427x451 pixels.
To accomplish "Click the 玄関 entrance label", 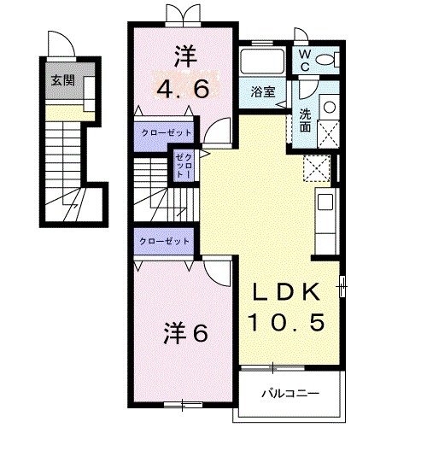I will click(61, 80).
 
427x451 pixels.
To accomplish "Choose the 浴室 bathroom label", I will click(262, 91).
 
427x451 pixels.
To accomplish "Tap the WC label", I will click(303, 61).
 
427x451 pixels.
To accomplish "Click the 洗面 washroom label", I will click(305, 120).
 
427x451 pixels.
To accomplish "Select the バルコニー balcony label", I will click(290, 394).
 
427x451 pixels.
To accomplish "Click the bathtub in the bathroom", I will click(263, 62).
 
